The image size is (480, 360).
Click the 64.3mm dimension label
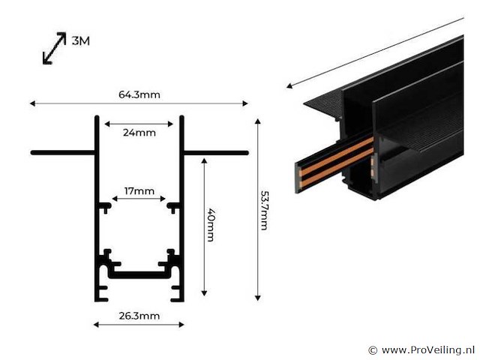[x=139, y=94]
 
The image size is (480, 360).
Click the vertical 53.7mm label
[x=263, y=210]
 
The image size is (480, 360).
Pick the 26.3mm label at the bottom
[x=139, y=316]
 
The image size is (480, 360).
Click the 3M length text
[x=80, y=41]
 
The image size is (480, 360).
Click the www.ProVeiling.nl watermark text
[x=427, y=350]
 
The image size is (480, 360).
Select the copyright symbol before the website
[x=373, y=350]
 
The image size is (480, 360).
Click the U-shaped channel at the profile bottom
[x=139, y=274]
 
